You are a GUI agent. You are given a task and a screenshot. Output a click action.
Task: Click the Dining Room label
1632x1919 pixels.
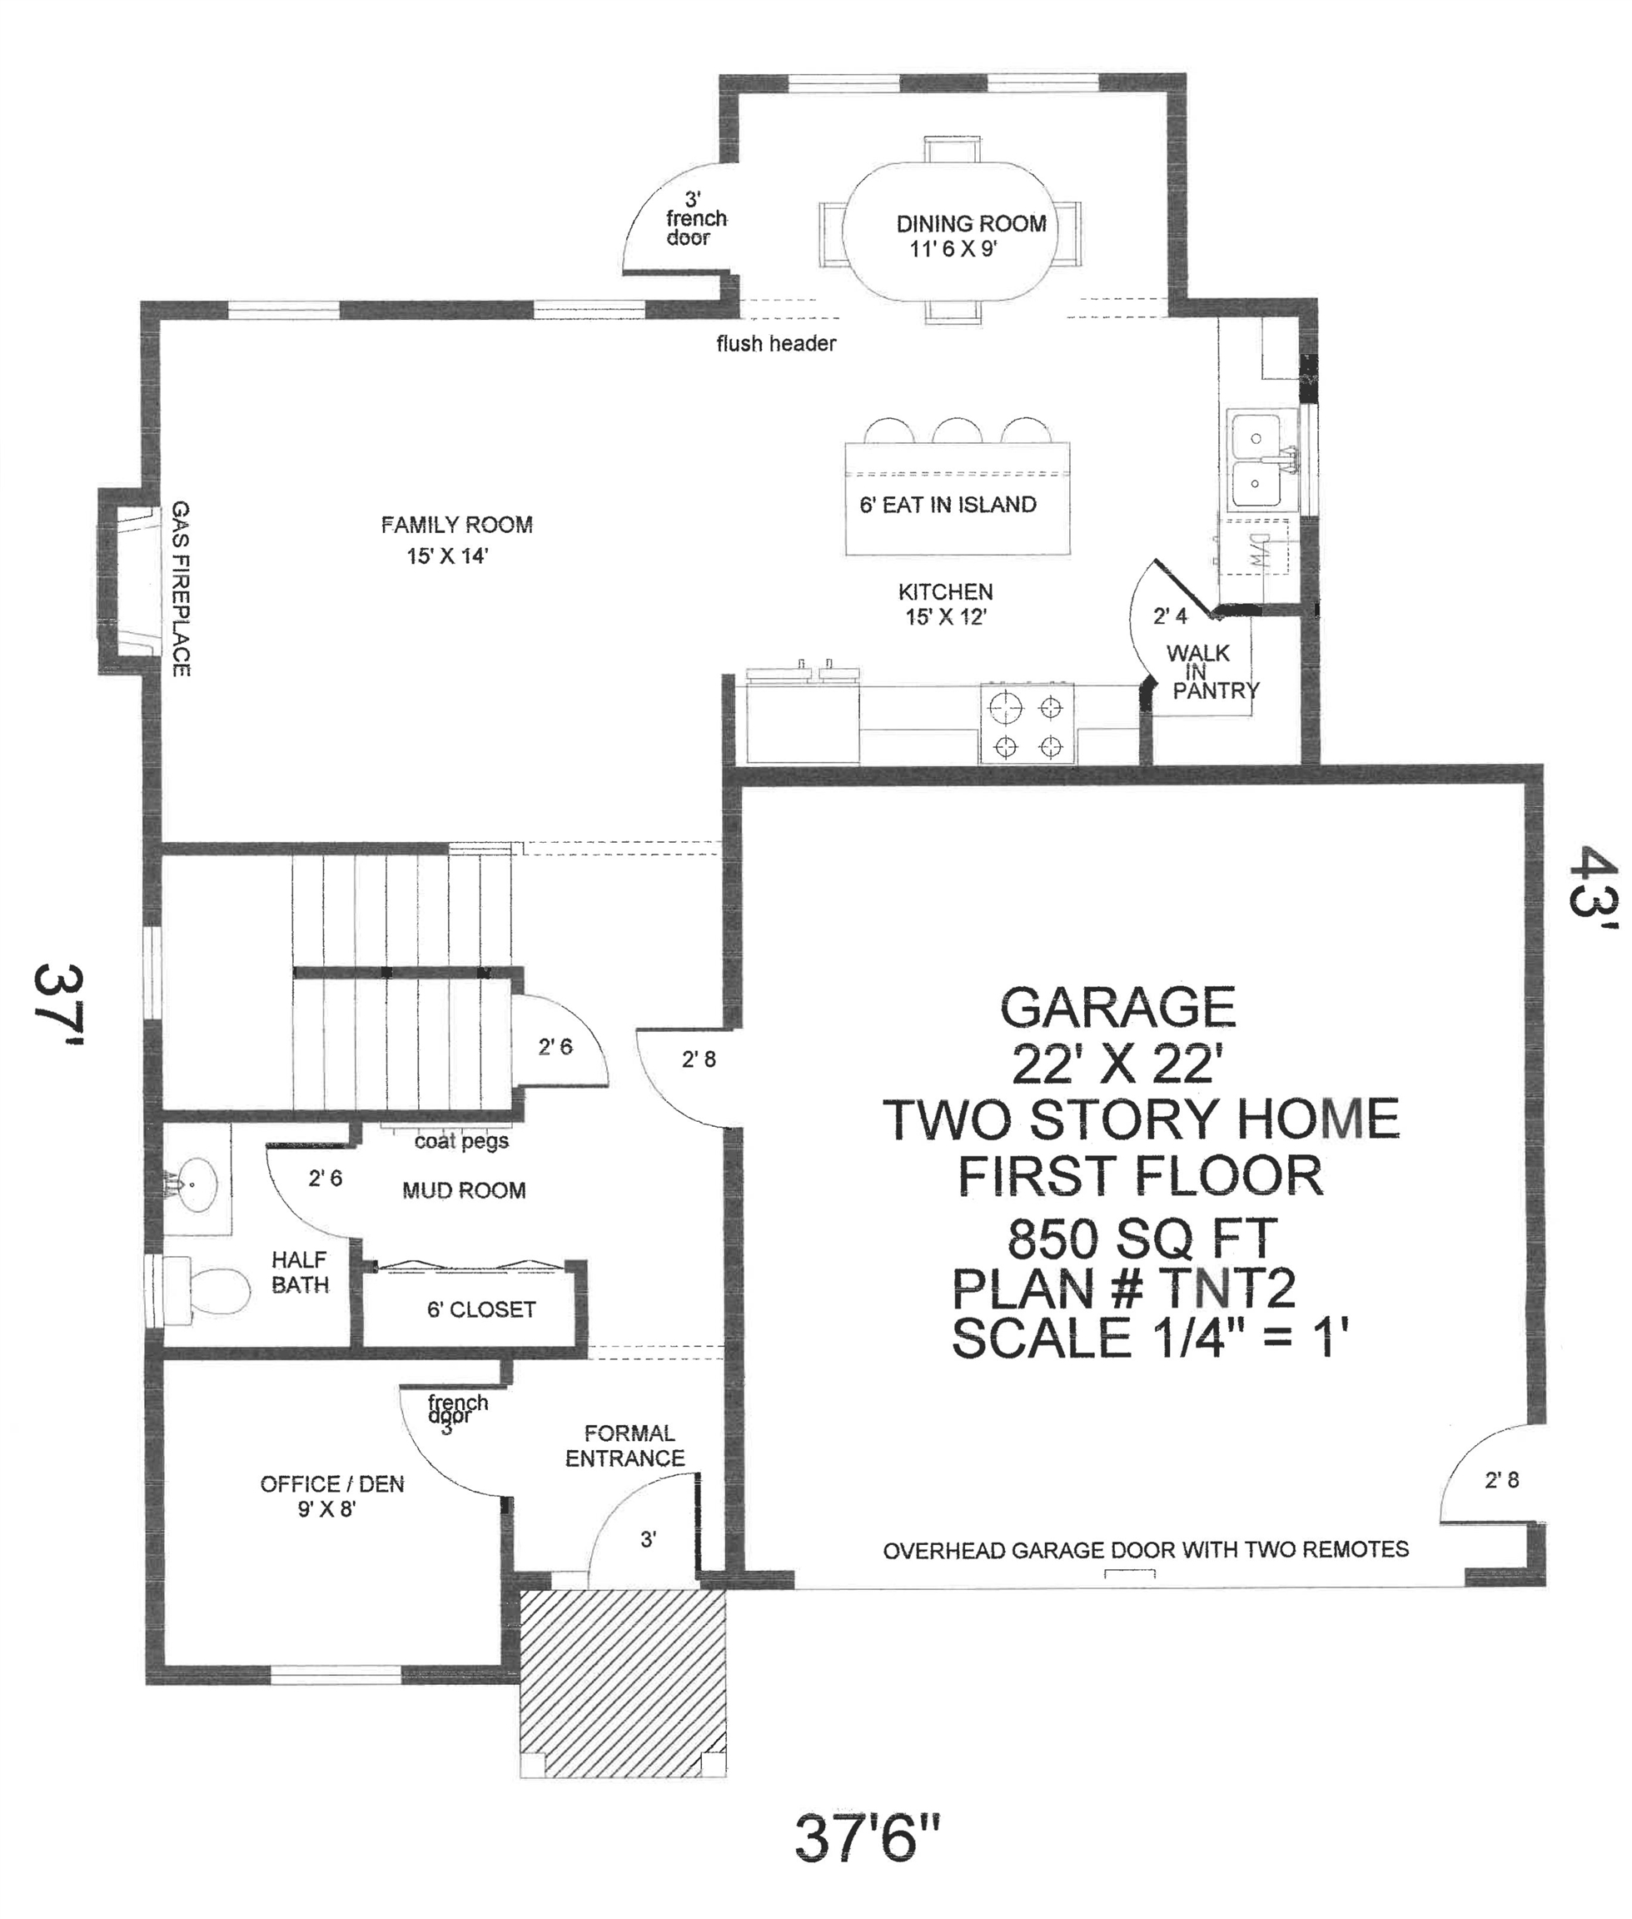tap(971, 224)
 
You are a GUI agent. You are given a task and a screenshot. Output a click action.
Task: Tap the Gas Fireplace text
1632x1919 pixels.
tap(182, 589)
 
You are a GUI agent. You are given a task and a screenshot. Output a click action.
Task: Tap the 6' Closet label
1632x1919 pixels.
tap(481, 1309)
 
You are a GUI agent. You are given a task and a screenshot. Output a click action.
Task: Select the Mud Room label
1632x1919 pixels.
tap(464, 1191)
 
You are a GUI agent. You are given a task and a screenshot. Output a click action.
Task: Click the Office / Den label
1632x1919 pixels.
tap(332, 1484)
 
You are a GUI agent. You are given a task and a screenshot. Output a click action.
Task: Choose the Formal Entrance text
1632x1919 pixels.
tap(626, 1445)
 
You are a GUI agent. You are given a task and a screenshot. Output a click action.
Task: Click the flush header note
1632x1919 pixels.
tap(775, 344)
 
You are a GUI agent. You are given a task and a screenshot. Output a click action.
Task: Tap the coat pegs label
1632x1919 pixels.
tap(460, 1141)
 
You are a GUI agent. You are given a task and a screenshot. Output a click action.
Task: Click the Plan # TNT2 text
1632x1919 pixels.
tap(1124, 1288)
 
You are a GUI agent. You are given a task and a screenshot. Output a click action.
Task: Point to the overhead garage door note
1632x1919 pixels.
tap(1146, 1549)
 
